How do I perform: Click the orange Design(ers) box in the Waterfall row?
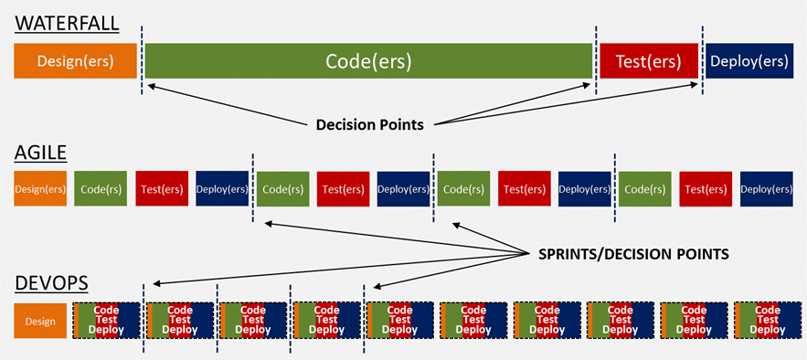[75, 61]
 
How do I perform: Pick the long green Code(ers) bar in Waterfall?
[368, 61]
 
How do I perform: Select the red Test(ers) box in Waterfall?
[648, 61]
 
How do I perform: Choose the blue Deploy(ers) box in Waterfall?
[749, 61]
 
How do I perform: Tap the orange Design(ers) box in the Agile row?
[40, 188]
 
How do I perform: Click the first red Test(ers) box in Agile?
[162, 188]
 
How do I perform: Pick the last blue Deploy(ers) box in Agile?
[766, 188]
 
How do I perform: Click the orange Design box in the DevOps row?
[40, 321]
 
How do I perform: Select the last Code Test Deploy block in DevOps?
[766, 321]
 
